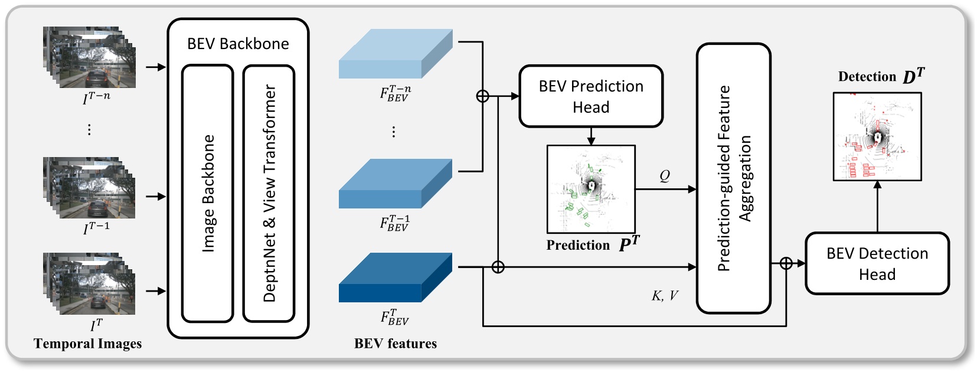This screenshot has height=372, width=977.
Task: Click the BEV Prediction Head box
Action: pos(591,96)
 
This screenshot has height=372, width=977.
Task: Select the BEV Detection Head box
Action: pos(877,263)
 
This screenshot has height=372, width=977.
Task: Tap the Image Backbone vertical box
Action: pos(208,194)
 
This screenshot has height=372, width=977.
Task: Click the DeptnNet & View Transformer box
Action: pos(269,194)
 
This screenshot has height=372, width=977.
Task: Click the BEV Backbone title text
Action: pos(238,44)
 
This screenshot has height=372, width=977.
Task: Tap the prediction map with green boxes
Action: pos(591,189)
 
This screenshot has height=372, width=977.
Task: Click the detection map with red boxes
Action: pos(877,136)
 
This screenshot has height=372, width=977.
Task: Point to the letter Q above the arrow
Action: pos(665,176)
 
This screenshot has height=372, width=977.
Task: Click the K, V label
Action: pos(665,296)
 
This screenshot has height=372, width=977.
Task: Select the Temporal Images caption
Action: pos(87,344)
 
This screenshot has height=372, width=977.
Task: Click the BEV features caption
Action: pos(395,344)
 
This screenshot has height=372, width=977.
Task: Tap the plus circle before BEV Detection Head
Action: pos(786,263)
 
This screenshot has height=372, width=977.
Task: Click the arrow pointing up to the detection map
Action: pos(877,206)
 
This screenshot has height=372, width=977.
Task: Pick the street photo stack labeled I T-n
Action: pos(90,58)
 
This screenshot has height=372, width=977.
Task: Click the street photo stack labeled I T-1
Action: pos(90,188)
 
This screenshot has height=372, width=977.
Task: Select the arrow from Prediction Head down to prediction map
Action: pos(591,136)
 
